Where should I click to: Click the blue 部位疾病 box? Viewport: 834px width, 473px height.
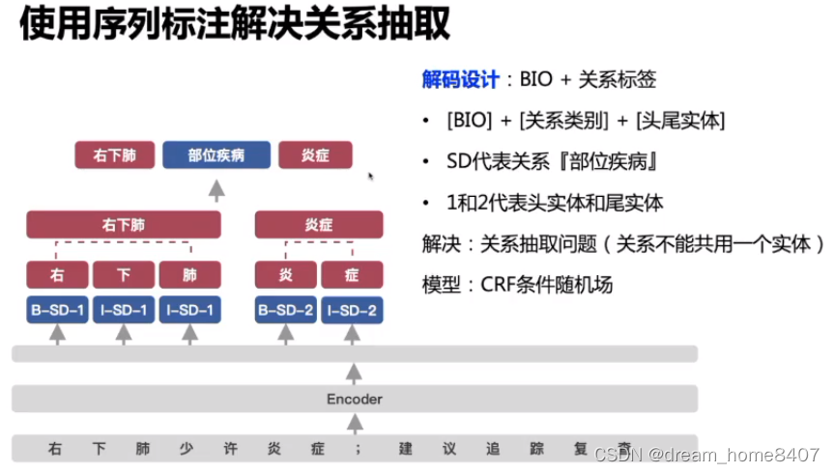(216, 155)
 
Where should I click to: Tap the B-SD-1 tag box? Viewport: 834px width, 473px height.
(57, 310)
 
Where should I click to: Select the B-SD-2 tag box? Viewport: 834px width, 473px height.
(286, 310)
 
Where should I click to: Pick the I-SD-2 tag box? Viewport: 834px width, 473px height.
(352, 310)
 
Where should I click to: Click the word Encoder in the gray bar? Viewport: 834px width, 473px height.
(355, 399)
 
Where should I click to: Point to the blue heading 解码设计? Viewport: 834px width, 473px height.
(461, 80)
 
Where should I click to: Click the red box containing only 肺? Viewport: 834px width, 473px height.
(189, 275)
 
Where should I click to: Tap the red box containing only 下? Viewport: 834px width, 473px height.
(123, 275)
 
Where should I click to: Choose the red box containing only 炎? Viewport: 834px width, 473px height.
(286, 275)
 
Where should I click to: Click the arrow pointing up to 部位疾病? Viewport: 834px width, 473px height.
(216, 187)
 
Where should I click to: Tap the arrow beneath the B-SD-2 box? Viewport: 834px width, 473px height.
(286, 334)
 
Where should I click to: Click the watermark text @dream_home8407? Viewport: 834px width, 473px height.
(733, 454)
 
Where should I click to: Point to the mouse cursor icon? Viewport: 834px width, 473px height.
(371, 177)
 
